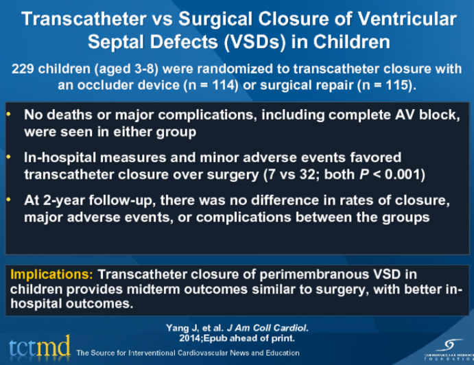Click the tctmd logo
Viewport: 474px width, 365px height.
(39, 346)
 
